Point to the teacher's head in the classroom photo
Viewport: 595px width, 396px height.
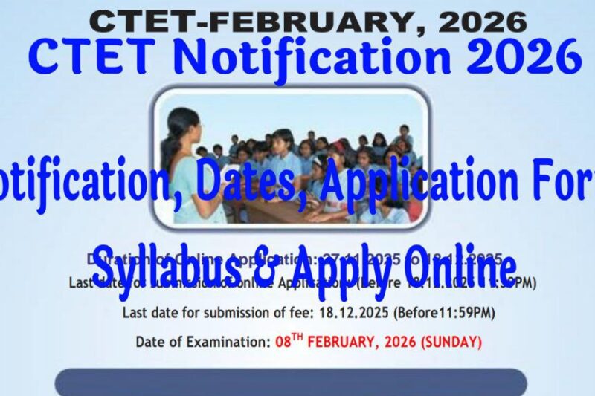[182, 123]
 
